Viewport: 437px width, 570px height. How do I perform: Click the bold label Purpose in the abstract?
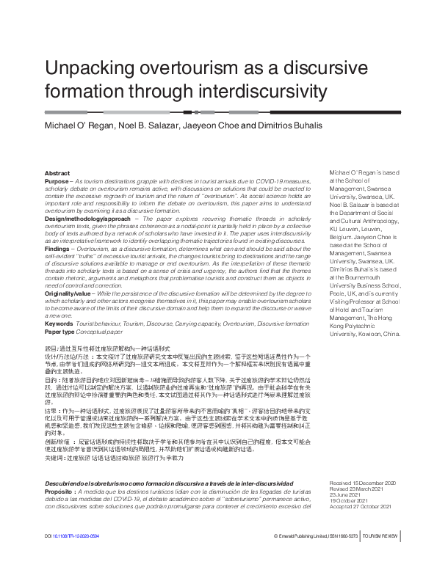[57, 180]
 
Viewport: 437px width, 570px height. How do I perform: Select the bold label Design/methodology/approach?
[87, 219]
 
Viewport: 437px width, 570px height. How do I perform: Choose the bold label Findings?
[58, 249]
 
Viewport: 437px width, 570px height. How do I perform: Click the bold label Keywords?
[59, 324]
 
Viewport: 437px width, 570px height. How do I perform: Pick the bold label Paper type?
[62, 332]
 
